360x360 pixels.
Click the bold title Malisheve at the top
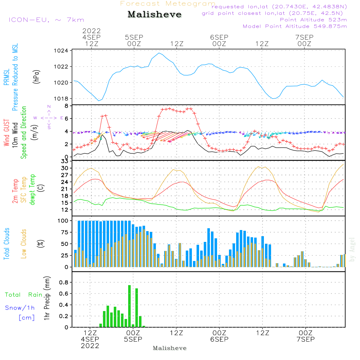(x=154, y=15)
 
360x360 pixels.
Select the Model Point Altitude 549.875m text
(x=295, y=26)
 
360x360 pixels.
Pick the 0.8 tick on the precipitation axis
(x=64, y=282)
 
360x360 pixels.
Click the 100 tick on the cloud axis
(x=63, y=221)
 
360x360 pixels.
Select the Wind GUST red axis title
(x=6, y=133)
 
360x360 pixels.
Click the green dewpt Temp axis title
(x=32, y=190)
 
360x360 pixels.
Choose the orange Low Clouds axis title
(x=24, y=243)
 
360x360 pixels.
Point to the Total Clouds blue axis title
(x=6, y=244)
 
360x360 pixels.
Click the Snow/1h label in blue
(x=20, y=308)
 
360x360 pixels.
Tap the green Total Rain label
(x=23, y=295)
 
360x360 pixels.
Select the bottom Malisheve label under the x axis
(x=170, y=348)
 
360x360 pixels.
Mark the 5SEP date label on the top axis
(x=134, y=37)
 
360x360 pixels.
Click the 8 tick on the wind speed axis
(x=67, y=106)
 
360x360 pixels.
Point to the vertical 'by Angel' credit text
(x=352, y=249)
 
